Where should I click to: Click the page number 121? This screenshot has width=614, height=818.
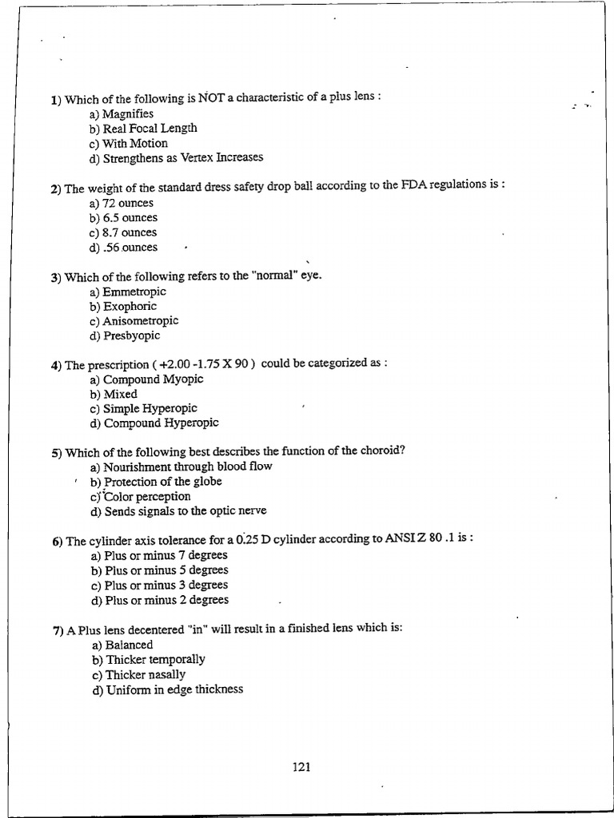tap(301, 768)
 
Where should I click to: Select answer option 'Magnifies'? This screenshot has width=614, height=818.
tap(127, 113)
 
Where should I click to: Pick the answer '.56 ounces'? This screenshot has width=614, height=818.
tap(130, 248)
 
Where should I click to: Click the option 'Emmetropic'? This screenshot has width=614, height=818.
tap(134, 292)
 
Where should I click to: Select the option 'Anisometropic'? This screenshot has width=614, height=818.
tap(140, 321)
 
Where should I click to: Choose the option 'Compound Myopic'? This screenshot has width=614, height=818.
tap(153, 379)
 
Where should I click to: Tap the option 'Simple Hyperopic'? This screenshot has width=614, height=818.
tap(150, 409)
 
